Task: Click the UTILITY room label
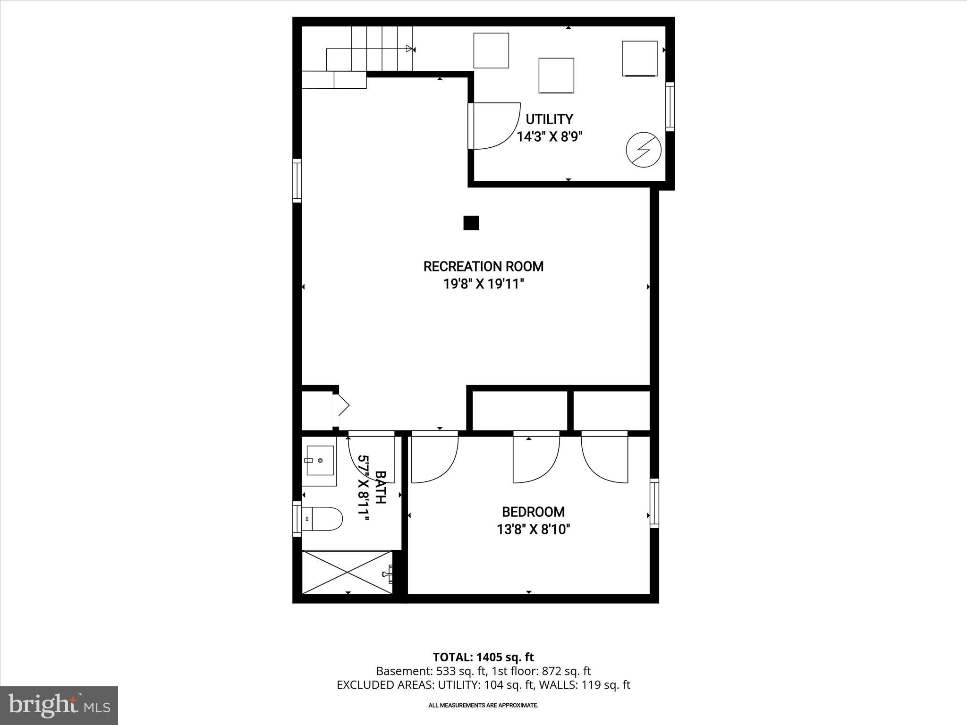549,119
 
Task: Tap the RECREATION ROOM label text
483,267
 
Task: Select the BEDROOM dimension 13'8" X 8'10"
533,530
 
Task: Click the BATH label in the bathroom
380,487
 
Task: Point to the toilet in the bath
322,519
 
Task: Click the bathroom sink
320,460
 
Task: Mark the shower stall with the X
347,572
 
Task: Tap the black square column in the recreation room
471,223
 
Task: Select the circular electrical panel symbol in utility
643,151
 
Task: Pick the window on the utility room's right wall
670,107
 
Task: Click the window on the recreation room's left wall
297,181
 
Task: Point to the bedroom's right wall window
654,503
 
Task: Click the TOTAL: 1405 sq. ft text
483,657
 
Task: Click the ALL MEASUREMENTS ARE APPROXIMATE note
483,705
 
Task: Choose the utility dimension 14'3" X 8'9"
549,137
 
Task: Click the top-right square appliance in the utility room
639,59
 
